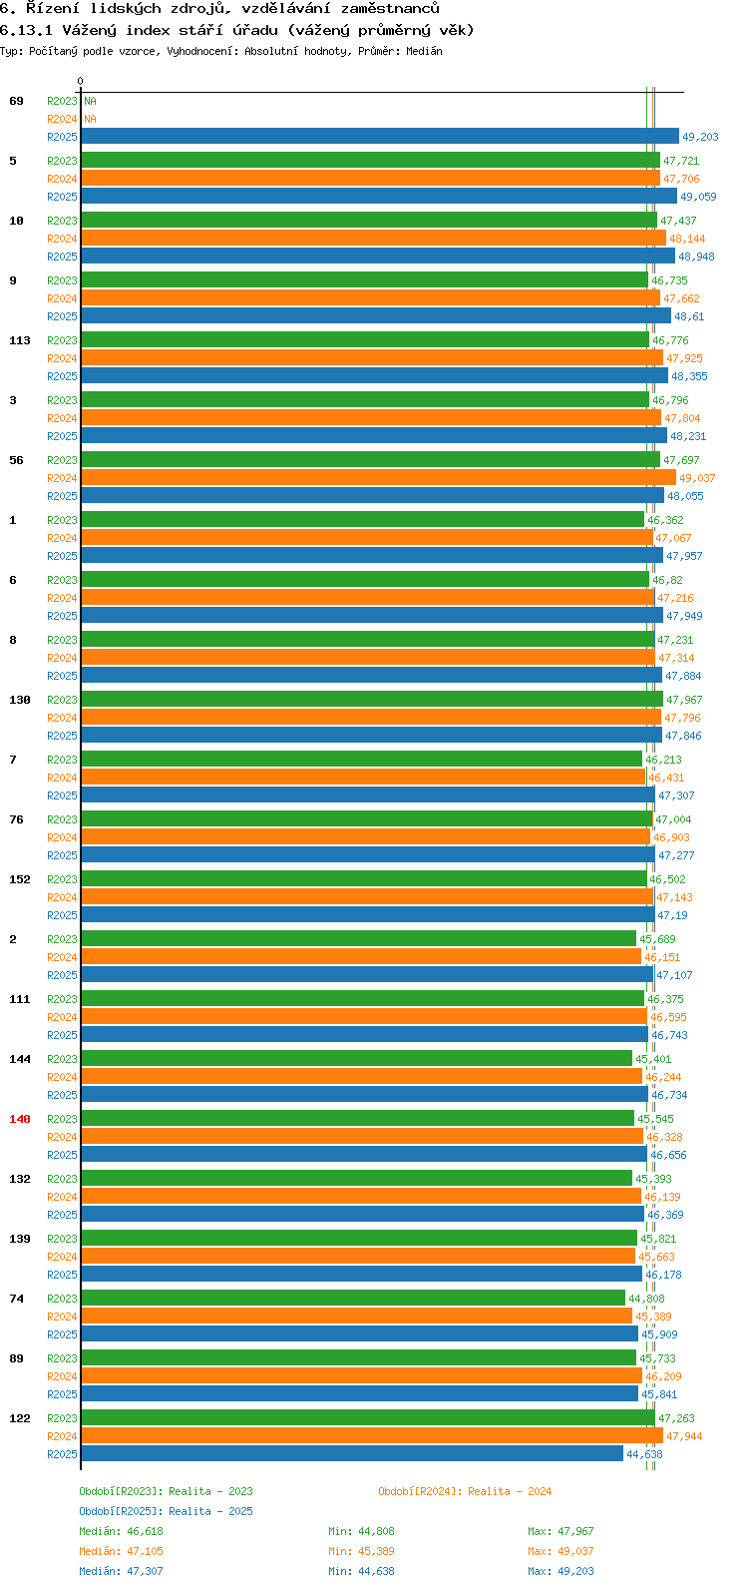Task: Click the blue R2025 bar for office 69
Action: click(x=379, y=137)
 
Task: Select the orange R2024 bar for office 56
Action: click(x=378, y=478)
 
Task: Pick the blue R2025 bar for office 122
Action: click(x=351, y=1454)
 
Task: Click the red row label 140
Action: click(x=20, y=1119)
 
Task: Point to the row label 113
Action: click(x=20, y=340)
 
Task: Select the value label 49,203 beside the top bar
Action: click(x=700, y=138)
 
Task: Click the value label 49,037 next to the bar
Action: click(x=697, y=479)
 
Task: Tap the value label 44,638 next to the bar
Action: click(x=644, y=1455)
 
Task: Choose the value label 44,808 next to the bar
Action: click(x=646, y=1300)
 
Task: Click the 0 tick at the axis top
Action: click(x=81, y=82)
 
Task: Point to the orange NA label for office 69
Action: click(x=90, y=119)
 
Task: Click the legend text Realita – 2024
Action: click(x=510, y=1491)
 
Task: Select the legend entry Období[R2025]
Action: click(x=121, y=1511)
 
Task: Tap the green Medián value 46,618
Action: click(x=145, y=1531)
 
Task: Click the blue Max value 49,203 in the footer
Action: click(x=574, y=1571)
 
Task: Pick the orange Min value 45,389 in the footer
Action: click(x=375, y=1551)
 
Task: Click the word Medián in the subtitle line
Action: click(x=424, y=51)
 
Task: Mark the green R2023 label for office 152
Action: click(x=62, y=879)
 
